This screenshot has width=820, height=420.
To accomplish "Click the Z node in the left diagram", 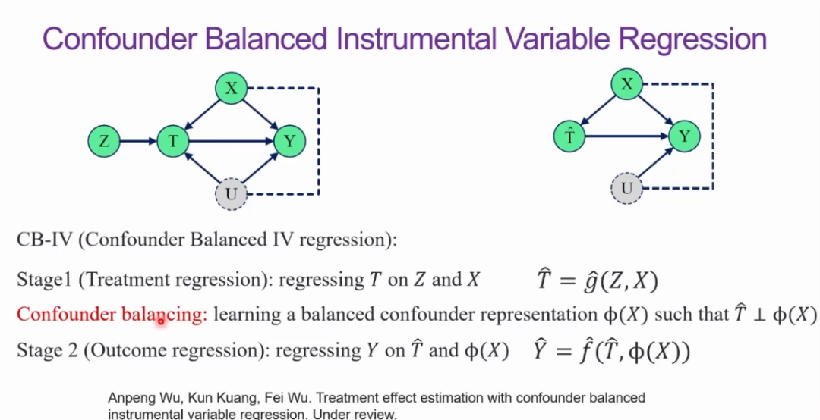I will (105, 141).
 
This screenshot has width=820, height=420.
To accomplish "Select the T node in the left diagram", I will (173, 141).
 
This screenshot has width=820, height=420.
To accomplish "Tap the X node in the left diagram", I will (232, 89).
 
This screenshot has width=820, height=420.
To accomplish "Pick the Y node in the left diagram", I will (289, 141).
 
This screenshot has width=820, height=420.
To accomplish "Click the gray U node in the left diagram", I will (232, 194).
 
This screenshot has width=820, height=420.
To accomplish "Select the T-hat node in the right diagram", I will (569, 136).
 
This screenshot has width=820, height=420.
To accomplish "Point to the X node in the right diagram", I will (627, 85).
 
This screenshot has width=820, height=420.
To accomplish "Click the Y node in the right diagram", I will (685, 136).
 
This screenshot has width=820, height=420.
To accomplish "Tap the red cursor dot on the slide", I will (161, 321).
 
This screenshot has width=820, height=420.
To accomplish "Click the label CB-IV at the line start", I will (43, 240).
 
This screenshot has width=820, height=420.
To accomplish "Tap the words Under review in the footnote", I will (360, 414).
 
